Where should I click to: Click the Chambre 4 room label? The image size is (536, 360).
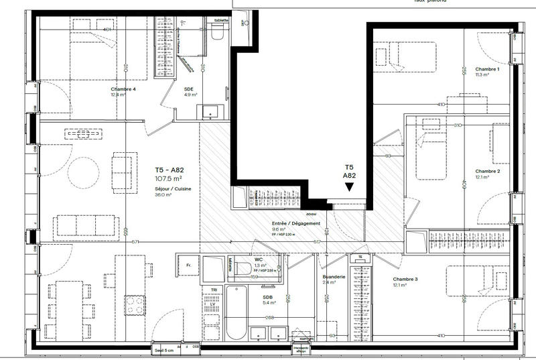tap(123, 89)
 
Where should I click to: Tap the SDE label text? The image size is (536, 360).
tap(190, 88)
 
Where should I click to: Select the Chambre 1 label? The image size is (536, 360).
tap(487, 70)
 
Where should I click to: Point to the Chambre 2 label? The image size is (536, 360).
tap(488, 171)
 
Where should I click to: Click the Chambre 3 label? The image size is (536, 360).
tap(405, 279)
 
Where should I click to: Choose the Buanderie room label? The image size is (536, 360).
tap(334, 276)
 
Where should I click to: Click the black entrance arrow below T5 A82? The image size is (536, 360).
tap(349, 188)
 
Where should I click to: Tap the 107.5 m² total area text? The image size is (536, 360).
tap(170, 179)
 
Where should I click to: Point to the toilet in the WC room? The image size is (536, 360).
tap(243, 268)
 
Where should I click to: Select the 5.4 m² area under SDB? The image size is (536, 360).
tap(270, 303)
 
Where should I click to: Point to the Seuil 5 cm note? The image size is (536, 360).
tap(165, 349)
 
